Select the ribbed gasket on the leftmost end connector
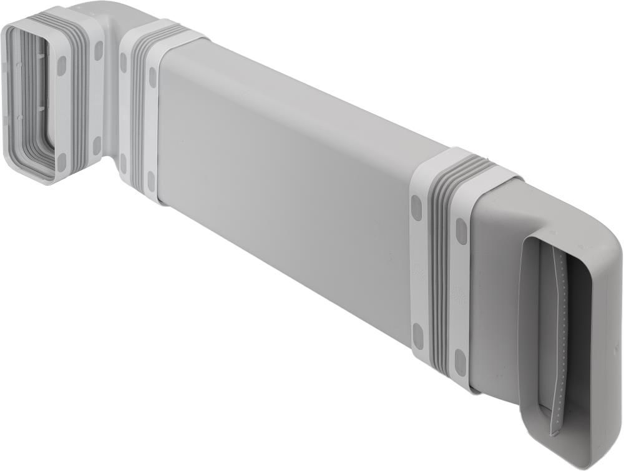[75, 94]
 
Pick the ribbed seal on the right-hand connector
[441, 262]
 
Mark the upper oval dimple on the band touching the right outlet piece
[461, 231]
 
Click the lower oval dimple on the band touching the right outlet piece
[460, 362]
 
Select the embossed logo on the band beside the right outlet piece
[459, 294]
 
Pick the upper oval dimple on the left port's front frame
[61, 66]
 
